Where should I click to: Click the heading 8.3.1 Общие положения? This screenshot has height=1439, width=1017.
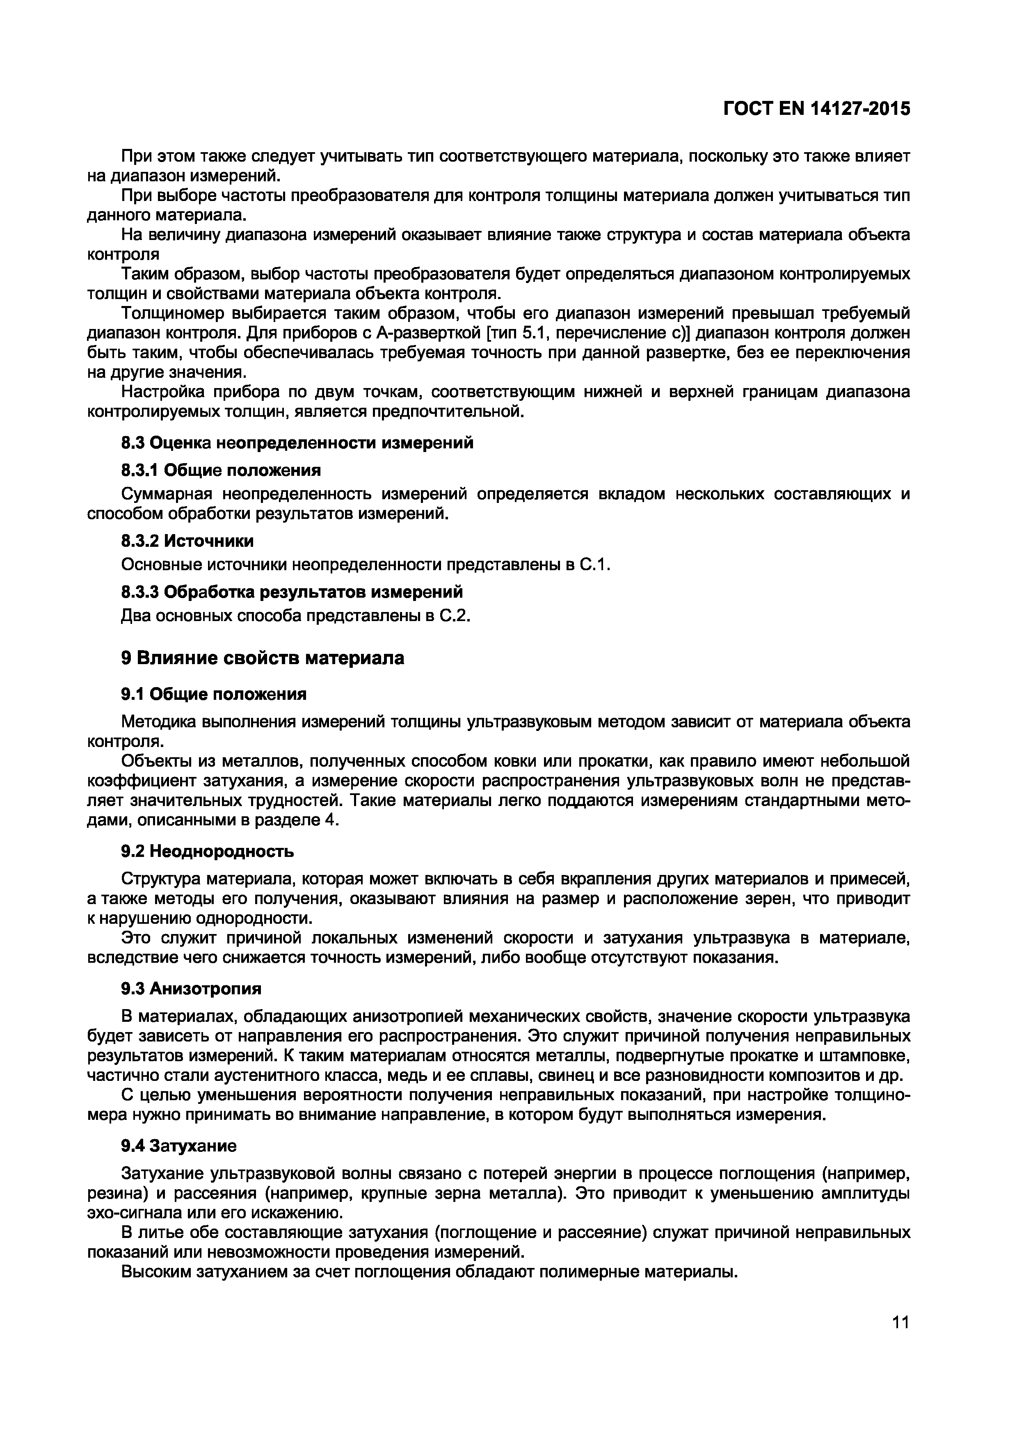pos(221,470)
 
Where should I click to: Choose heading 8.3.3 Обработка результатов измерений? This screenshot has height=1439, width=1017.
pos(292,592)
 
